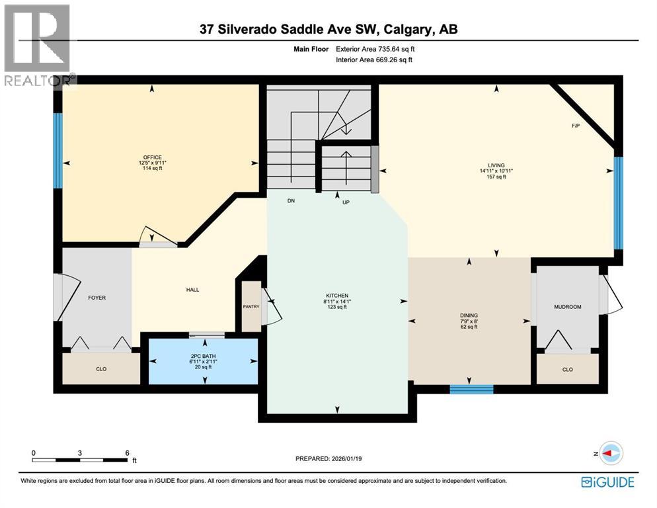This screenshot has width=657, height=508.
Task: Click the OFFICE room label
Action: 152,157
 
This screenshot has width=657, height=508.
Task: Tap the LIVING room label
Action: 496,165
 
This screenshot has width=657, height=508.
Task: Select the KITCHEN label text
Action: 337,296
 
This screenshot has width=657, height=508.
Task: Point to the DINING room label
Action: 469,316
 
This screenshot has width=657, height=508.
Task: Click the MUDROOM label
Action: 567,307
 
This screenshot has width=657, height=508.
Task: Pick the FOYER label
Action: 97,298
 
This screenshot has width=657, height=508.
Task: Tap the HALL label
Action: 192,289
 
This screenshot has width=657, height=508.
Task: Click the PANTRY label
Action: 251,306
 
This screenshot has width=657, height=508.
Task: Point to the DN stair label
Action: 290,200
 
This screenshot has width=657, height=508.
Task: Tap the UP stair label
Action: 345,202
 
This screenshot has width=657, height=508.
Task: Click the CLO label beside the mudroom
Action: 567,370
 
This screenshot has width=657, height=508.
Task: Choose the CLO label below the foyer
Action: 101,369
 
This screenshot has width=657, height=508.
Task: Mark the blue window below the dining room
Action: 471,389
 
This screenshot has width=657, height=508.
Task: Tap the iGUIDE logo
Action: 608,482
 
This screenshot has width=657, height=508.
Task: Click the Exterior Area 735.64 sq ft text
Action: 375,48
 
